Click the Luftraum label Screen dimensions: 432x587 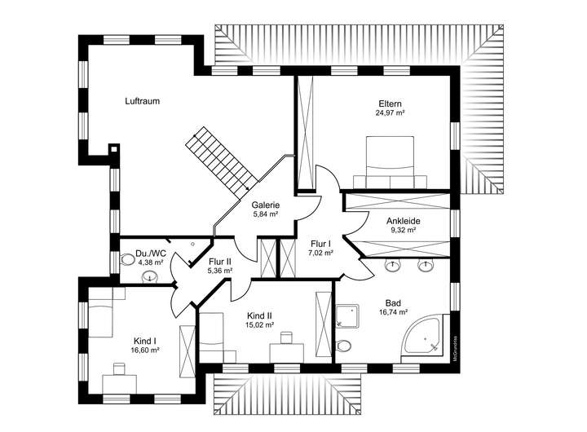point(142,102)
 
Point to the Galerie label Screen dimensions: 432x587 point(266,205)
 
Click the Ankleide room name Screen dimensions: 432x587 point(402,220)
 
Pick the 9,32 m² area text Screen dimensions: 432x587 point(402,230)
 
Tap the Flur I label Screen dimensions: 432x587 point(320,243)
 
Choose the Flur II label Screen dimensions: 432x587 point(220,261)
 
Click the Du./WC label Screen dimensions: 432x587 point(151,253)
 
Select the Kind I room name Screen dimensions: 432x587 point(144,341)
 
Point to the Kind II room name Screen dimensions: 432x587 point(259,315)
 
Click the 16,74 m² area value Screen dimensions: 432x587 point(393,311)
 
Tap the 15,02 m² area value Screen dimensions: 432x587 point(259,324)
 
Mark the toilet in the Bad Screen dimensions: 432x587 point(344,346)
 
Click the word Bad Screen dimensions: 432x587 point(393,302)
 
